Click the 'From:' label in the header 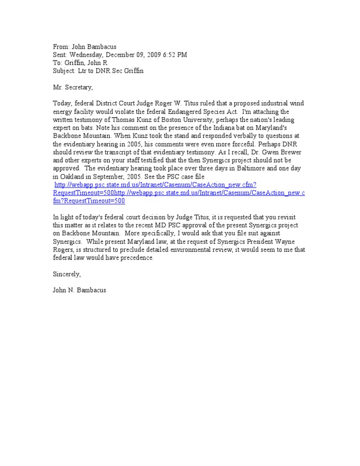click(61, 47)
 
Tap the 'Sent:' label click(60, 55)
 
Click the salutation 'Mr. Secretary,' click(73, 87)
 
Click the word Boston click(164, 119)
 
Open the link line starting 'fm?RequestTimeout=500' click(89, 201)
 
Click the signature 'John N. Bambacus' click(79, 290)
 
